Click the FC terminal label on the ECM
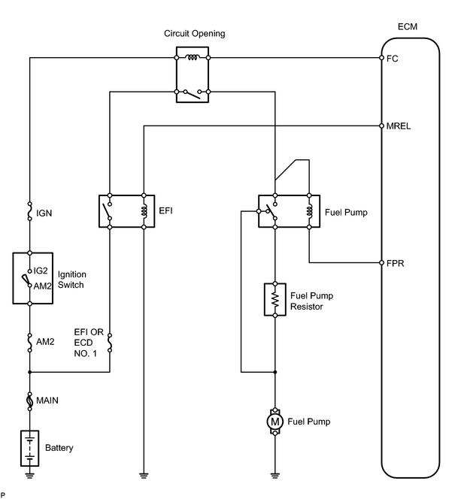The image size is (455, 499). click(392, 59)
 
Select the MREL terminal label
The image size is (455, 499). click(399, 126)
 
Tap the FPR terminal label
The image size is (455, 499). click(395, 264)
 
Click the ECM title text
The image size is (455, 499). click(408, 27)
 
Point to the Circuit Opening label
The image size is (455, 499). click(195, 33)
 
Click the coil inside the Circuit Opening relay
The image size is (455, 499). click(193, 58)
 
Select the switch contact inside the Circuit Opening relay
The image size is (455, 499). click(193, 94)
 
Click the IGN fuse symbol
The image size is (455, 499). click(30, 211)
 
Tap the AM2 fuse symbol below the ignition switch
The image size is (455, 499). click(30, 342)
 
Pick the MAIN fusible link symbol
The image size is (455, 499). click(30, 401)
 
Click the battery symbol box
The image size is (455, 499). click(30, 449)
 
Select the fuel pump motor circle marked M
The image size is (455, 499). click(275, 422)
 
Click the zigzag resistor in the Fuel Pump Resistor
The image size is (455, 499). click(275, 299)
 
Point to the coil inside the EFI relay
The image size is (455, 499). click(144, 211)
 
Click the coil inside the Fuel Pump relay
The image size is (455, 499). click(310, 211)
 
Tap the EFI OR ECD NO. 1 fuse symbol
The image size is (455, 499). click(110, 343)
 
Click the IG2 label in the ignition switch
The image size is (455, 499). click(41, 271)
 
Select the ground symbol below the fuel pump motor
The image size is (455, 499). click(275, 476)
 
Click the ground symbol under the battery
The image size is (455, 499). click(30, 476)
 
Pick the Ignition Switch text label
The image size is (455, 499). click(72, 280)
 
